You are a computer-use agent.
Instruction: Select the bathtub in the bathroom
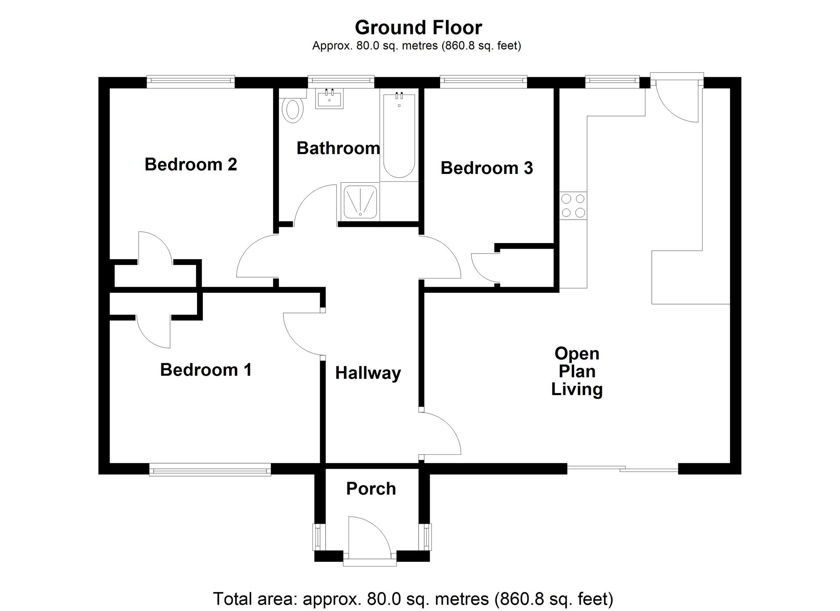point(399,136)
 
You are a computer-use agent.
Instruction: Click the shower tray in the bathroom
point(360,201)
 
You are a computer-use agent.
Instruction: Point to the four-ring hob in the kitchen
point(573,205)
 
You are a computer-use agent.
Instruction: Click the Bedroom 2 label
point(191,164)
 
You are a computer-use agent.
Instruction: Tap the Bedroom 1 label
point(206,370)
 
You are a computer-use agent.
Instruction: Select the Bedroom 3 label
point(487,168)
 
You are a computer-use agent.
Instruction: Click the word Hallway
point(368,373)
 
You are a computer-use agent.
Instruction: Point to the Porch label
point(371,488)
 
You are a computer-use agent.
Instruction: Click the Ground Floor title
point(418,28)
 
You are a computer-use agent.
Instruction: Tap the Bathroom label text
point(338,148)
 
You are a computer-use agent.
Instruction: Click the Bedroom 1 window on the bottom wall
point(210,469)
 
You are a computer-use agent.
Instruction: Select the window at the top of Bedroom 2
point(191,82)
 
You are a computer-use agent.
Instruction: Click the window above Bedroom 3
point(483,82)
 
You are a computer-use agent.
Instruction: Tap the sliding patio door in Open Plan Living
point(623,468)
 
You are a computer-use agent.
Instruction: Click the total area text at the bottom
point(413,598)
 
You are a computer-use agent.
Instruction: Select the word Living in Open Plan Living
point(577,389)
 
